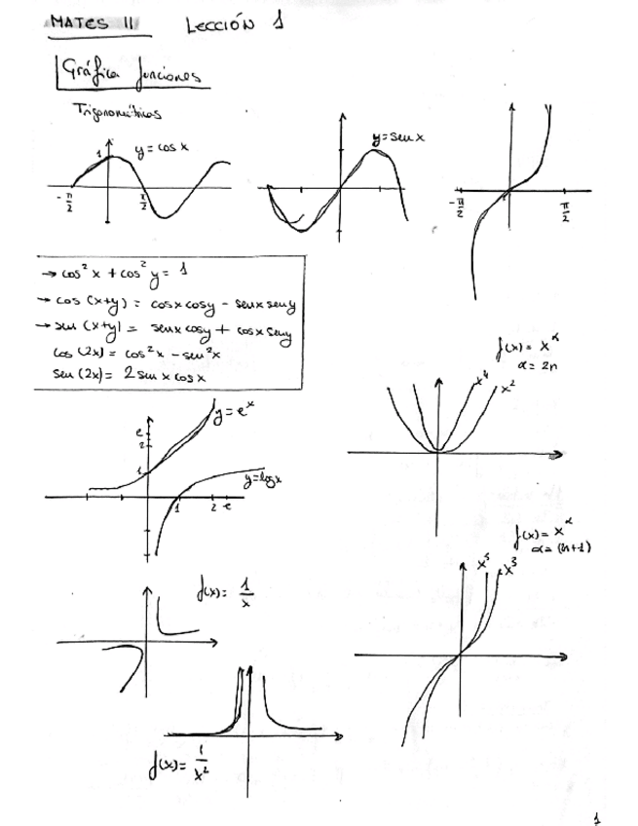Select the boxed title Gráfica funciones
pos(131,73)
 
